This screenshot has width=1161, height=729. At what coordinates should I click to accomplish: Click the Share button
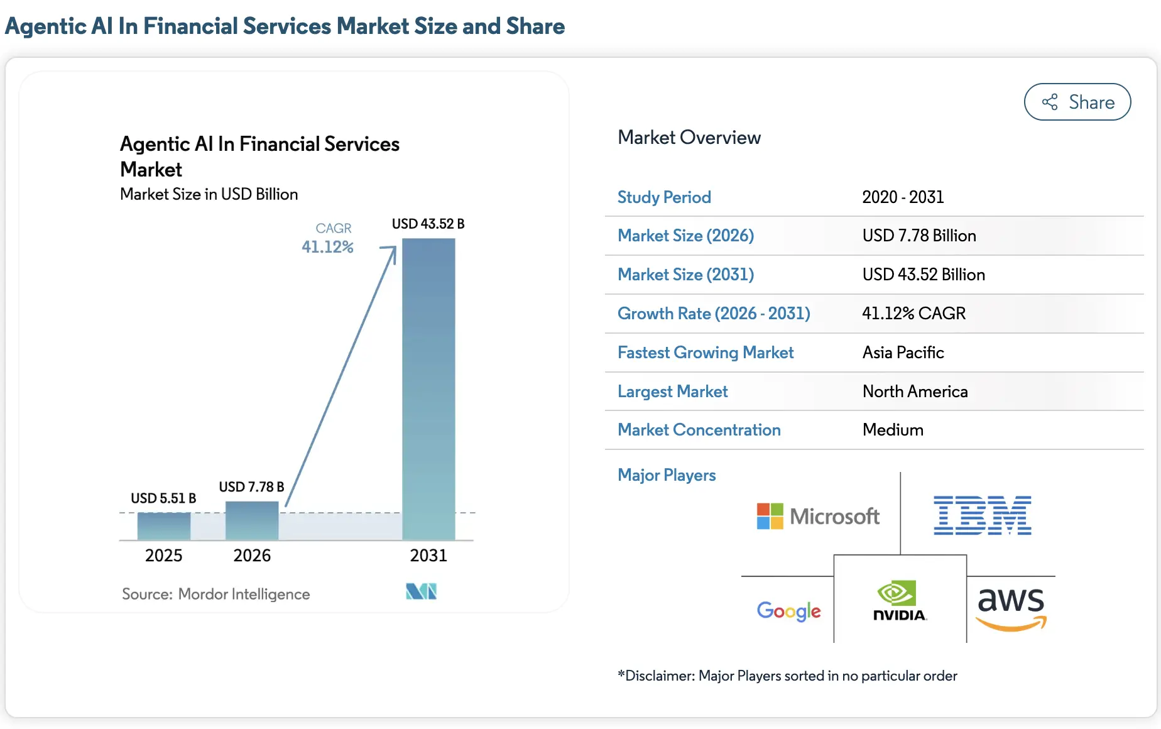point(1077,102)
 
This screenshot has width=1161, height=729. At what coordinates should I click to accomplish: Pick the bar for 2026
point(252,520)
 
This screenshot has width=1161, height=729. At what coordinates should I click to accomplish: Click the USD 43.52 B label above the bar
point(428,224)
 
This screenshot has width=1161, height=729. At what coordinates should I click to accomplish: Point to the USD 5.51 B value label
point(163,498)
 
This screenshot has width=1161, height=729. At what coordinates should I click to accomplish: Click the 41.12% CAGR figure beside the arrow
point(327,247)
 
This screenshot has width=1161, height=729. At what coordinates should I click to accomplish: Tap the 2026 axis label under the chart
point(252,556)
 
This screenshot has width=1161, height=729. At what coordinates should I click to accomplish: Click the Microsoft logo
point(817,516)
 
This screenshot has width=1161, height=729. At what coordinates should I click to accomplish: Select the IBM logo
point(982,515)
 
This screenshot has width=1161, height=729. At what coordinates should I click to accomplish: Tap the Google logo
point(788,610)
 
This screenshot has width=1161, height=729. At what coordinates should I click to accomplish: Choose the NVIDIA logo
point(899,601)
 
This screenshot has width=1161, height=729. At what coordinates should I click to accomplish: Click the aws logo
point(1011,607)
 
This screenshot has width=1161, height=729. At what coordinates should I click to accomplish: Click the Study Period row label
point(664,197)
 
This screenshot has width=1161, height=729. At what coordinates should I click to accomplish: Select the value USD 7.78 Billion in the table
point(918,236)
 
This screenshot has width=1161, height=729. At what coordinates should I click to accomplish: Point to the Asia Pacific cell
point(903,353)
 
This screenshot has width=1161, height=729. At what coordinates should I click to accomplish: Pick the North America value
point(915,392)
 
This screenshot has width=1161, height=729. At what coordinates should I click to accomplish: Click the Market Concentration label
point(699,430)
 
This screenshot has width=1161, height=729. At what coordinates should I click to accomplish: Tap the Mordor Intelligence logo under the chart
point(421,591)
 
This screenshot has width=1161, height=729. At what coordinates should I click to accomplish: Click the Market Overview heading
point(689,138)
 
